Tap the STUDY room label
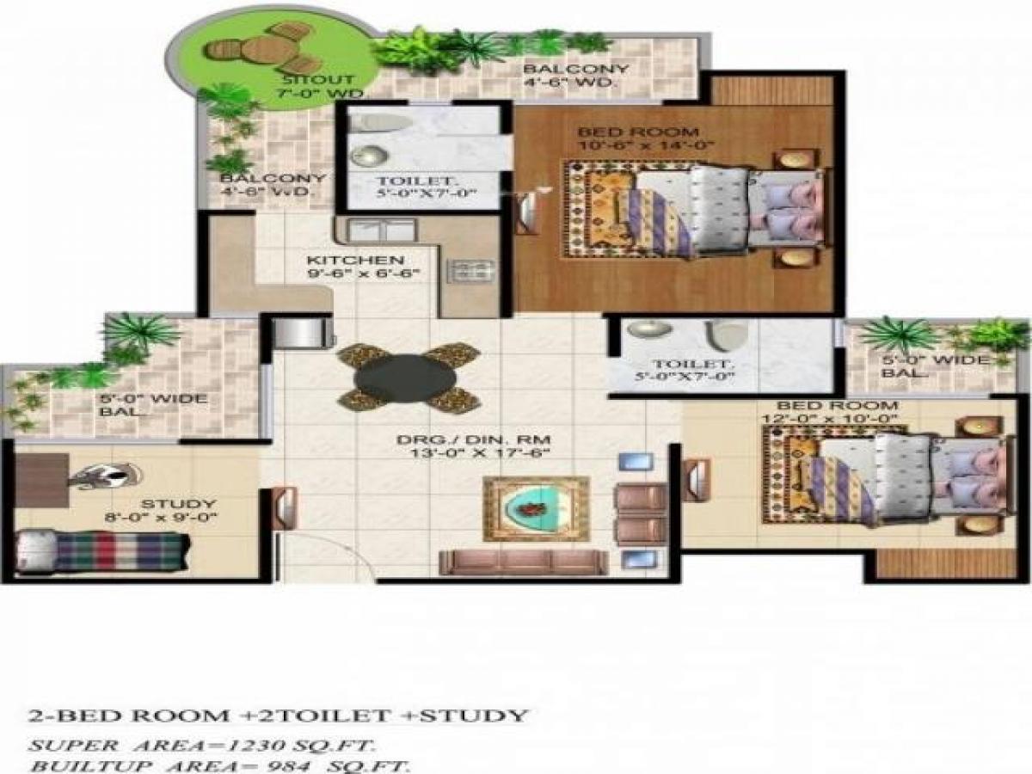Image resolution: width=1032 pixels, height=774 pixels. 167,504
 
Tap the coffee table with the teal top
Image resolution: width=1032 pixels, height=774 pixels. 535,509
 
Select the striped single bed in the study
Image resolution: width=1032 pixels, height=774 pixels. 103,551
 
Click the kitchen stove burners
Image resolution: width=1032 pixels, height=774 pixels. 471,272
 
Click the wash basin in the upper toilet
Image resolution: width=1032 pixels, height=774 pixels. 370,156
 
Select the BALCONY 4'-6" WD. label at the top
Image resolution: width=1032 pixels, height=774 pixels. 575,76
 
